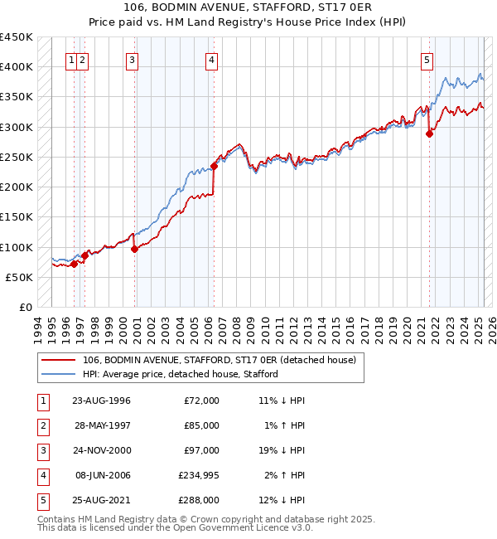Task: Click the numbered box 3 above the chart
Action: pos(133,59)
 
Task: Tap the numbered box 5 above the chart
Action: pos(427,59)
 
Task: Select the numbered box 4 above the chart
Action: pos(212,59)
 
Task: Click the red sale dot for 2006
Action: pos(214,166)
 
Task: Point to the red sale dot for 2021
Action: pos(429,134)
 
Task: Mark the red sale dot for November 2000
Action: pos(134,249)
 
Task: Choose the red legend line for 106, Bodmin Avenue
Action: pos(59,360)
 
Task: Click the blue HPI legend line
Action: pos(59,374)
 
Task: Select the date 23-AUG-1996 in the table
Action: pos(101,400)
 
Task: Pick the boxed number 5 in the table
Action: pos(42,499)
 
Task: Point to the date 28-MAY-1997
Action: pos(101,425)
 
